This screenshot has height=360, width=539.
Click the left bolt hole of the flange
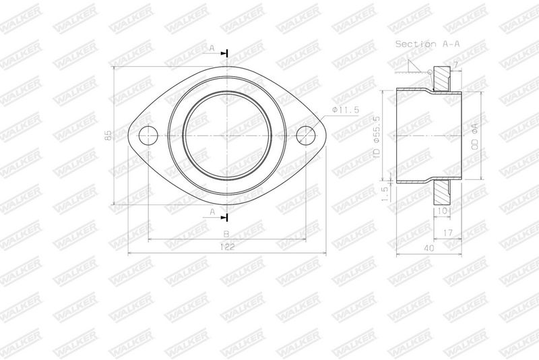point(148,136)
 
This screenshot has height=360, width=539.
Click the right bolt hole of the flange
point(306,136)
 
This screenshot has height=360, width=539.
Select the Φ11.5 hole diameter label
point(346,110)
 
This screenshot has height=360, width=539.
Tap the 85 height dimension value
point(108,136)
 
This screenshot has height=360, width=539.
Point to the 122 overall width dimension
point(227,247)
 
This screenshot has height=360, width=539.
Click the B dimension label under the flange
point(226,234)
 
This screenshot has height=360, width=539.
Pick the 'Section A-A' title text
point(427,44)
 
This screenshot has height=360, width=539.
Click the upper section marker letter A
point(212,49)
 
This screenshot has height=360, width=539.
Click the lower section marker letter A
point(212,212)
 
